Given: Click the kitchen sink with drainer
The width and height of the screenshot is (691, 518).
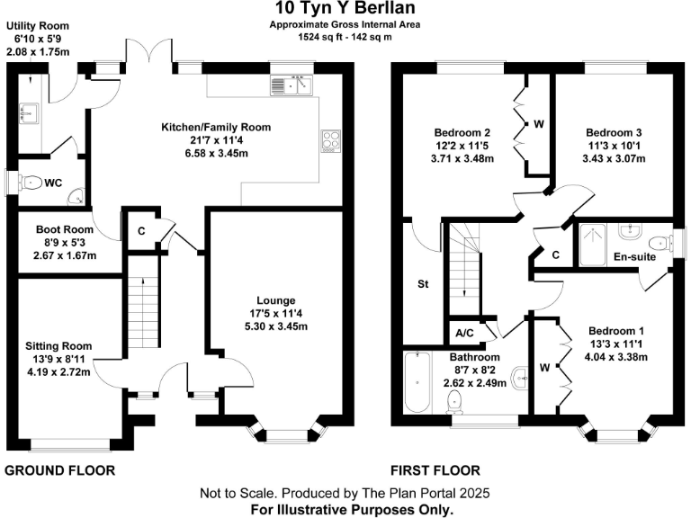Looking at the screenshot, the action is [x=292, y=85].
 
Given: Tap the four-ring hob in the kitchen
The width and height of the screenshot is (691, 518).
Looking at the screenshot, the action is [x=331, y=141].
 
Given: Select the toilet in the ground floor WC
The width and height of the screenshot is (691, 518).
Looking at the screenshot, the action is [x=30, y=182].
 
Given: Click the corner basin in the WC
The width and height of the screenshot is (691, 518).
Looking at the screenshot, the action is [x=77, y=197].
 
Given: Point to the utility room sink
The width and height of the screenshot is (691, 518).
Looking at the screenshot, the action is [x=29, y=113].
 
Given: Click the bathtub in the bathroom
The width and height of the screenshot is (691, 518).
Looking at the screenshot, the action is [x=417, y=382].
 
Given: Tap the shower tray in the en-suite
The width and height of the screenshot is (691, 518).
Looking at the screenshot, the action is [x=593, y=245].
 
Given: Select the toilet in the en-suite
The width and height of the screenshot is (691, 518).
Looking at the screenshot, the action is [x=660, y=243].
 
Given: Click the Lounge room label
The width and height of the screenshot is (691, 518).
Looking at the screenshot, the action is [x=276, y=300].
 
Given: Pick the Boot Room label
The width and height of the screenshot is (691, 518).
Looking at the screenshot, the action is [x=65, y=229].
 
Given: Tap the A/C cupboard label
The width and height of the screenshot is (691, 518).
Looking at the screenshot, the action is [x=464, y=334].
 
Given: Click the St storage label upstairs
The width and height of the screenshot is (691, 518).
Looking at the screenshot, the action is [x=423, y=284].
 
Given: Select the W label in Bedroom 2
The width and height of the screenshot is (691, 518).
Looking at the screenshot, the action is [x=539, y=124].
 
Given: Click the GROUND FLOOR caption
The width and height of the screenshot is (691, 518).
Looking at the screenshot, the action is [x=60, y=470].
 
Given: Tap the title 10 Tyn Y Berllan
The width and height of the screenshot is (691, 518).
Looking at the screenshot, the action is [x=345, y=8].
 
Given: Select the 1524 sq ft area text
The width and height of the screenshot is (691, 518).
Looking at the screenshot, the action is [x=319, y=37].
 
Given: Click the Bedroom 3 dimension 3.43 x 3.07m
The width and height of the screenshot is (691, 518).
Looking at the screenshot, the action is [x=614, y=158].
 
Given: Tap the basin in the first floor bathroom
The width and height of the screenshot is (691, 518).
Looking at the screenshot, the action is [x=520, y=379].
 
